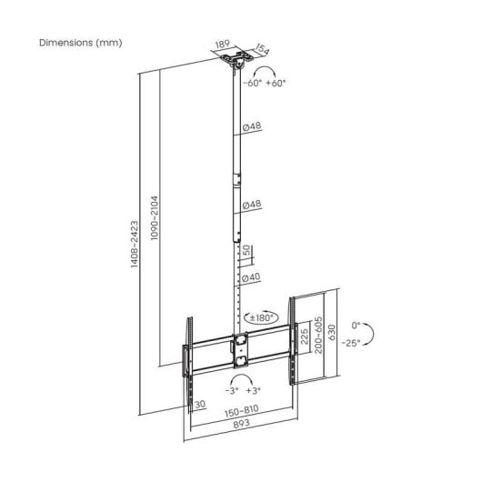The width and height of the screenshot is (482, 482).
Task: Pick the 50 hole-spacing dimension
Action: coord(246,251)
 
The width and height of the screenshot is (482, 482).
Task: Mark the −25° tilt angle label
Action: coord(351,343)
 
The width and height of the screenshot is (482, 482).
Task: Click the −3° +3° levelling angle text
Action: coord(243,390)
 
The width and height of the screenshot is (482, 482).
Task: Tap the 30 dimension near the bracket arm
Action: coord(199,406)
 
